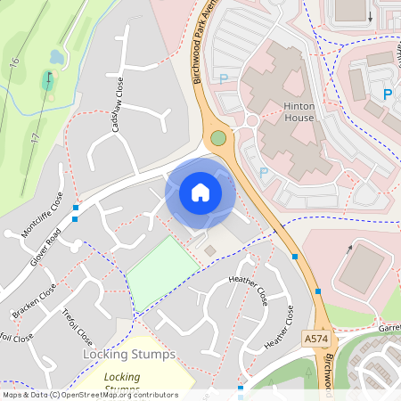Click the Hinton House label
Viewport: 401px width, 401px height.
click(x=286, y=111)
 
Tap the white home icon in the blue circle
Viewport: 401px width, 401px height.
click(x=200, y=192)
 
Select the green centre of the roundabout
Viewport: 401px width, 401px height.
click(x=217, y=138)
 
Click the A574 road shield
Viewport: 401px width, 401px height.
click(x=315, y=339)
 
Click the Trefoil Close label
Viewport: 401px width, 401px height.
click(x=78, y=326)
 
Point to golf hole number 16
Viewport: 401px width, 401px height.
click(x=15, y=65)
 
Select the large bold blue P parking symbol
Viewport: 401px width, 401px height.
click(x=387, y=94)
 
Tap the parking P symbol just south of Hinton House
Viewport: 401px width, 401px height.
click(x=263, y=172)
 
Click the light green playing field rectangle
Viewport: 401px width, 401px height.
click(x=162, y=274)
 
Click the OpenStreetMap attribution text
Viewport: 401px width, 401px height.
click(x=89, y=395)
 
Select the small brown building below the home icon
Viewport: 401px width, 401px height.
click(x=209, y=251)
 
